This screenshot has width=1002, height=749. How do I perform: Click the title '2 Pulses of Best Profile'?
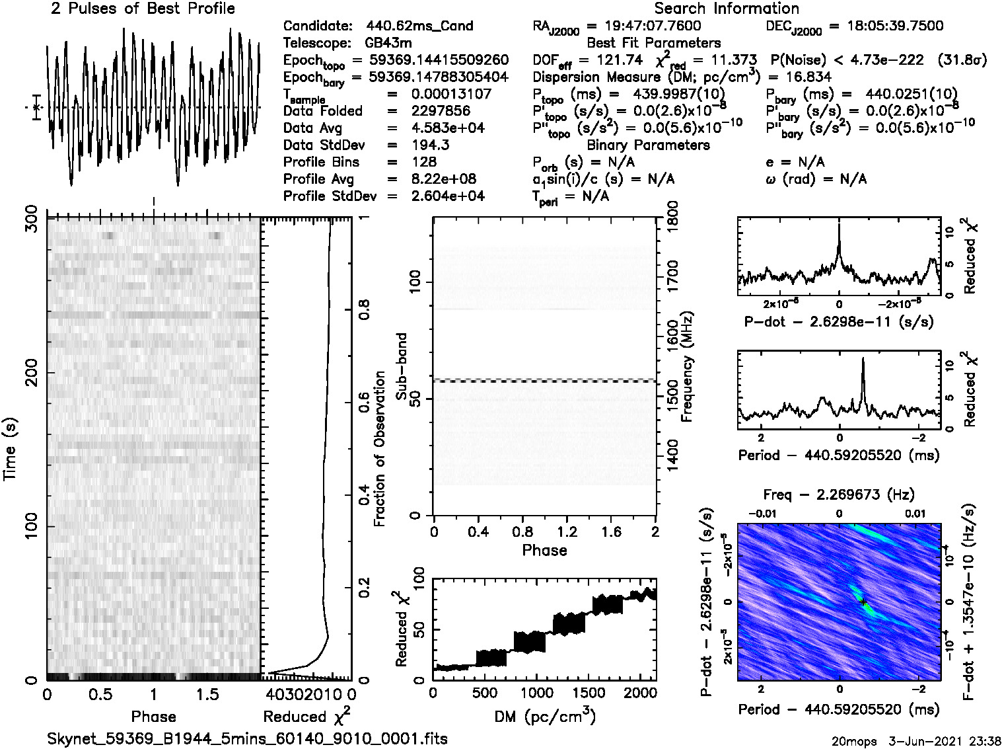coord(143,9)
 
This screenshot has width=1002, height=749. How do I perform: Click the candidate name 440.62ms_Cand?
coord(419,26)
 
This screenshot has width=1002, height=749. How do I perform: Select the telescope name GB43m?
coord(388,43)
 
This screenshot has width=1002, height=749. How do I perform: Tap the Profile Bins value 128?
coord(424,162)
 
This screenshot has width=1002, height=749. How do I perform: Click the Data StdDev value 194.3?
coord(431,145)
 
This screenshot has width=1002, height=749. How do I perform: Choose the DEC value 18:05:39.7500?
coord(895,26)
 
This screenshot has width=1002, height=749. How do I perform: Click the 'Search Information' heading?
coord(727,9)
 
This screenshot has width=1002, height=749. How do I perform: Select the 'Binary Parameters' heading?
coord(648,145)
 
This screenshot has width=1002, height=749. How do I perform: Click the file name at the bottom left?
coord(248,738)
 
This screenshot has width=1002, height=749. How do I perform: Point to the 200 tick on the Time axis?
coord(34,372)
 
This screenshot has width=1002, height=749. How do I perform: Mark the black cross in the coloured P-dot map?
coord(863,602)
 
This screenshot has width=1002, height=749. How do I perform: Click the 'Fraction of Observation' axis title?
coord(380,448)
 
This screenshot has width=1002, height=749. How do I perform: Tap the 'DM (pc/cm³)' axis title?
coord(545,717)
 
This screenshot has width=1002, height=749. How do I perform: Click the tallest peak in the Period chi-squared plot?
coord(863,359)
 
